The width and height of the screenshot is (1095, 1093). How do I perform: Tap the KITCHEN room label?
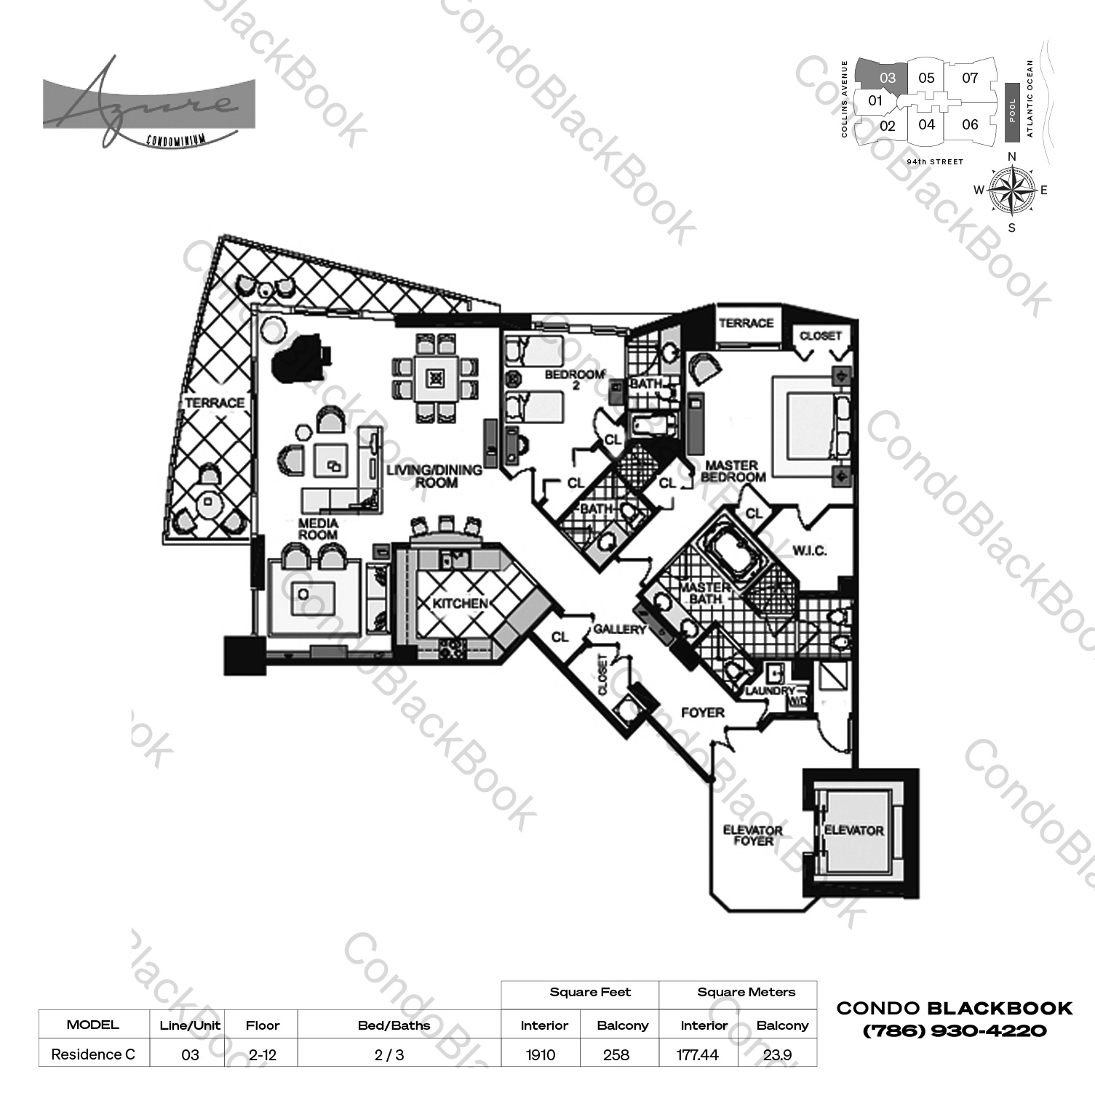(460, 604)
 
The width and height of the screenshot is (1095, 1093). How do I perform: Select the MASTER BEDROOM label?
(733, 471)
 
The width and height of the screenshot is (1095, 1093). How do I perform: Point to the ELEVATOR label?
(853, 830)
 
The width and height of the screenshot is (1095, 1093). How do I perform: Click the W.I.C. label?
(809, 550)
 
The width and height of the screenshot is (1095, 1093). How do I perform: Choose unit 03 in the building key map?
(887, 78)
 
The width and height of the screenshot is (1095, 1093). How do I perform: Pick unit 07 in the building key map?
(970, 78)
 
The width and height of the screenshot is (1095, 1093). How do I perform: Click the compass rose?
(1012, 191)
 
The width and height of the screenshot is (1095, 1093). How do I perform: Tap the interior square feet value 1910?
(541, 1054)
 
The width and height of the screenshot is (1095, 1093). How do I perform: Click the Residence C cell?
(93, 1054)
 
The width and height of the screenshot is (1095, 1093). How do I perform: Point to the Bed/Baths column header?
(394, 1025)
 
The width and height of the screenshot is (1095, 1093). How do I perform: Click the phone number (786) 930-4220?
(955, 1030)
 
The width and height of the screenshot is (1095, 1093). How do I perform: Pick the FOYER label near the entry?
(702, 713)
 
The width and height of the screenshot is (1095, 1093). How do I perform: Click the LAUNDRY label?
(769, 691)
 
